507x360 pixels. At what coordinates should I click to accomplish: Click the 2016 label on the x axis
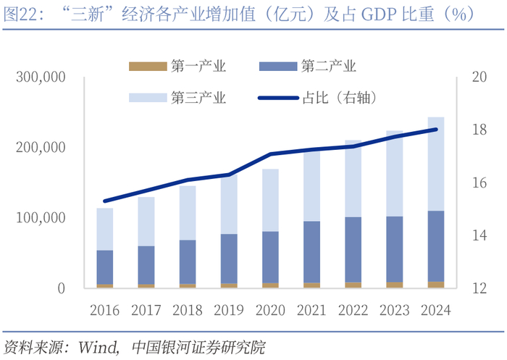(x=106, y=311)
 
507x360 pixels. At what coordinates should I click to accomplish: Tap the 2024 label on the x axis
(x=435, y=311)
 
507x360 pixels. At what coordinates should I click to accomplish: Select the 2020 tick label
(x=270, y=311)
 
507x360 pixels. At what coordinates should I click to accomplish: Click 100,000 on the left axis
(x=40, y=218)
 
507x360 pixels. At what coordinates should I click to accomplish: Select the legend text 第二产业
(x=329, y=67)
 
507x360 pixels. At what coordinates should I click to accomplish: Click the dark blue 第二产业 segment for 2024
(x=435, y=246)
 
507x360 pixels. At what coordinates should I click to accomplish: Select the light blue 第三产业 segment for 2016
(x=106, y=229)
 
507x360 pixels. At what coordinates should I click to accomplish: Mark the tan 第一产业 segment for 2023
(x=394, y=285)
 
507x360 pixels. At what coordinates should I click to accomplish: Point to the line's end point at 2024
(x=435, y=130)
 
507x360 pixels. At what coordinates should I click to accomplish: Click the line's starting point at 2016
(x=106, y=201)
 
